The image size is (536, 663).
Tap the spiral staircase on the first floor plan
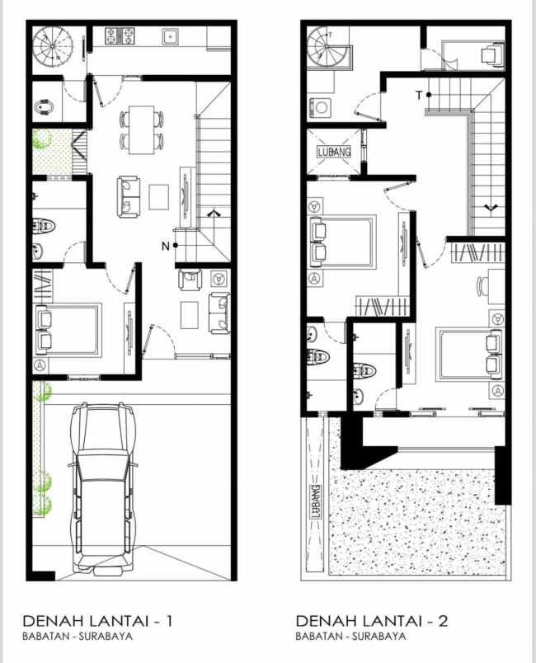click(53, 45)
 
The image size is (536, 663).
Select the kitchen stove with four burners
click(120, 36)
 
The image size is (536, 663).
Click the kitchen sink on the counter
click(171, 37)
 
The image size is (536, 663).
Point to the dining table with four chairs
click(141, 129)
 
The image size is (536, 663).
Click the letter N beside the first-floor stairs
click(165, 246)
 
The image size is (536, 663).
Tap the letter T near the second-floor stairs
click(418, 95)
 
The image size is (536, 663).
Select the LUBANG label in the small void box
click(334, 152)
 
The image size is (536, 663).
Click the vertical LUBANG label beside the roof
click(315, 502)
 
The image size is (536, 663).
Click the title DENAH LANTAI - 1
click(97, 621)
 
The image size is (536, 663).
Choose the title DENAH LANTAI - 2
click(372, 621)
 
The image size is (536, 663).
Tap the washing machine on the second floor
click(322, 108)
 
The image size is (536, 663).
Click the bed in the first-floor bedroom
click(68, 330)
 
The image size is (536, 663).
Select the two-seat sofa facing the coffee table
click(129, 196)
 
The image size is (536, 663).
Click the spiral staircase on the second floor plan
click(328, 47)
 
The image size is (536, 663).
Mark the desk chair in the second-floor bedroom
click(482, 287)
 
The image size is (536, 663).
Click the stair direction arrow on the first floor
click(214, 213)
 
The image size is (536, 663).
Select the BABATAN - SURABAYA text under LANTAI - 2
click(350, 636)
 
